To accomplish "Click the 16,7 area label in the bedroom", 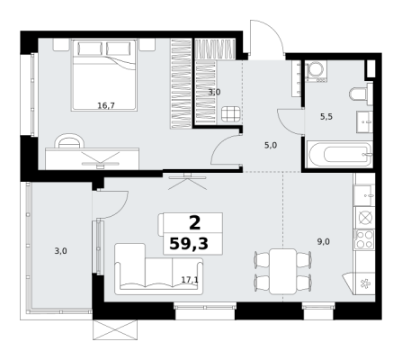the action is click(106, 105).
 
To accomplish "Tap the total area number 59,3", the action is click(189, 243).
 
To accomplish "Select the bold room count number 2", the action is click(194, 223).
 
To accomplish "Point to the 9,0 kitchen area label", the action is click(324, 241).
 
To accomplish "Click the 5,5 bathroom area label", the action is click(326, 117).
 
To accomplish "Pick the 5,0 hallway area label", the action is click(271, 146).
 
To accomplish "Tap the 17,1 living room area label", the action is click(190, 280).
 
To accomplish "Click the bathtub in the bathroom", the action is click(339, 155).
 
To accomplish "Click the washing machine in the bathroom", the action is click(316, 71).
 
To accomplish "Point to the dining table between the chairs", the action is click(282, 271).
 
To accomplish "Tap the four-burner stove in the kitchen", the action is click(364, 239).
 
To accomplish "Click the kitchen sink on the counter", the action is click(364, 195).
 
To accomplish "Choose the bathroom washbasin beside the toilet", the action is click(364, 121).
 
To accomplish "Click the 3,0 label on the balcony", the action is click(60, 251).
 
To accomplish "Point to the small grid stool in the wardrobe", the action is click(231, 114).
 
